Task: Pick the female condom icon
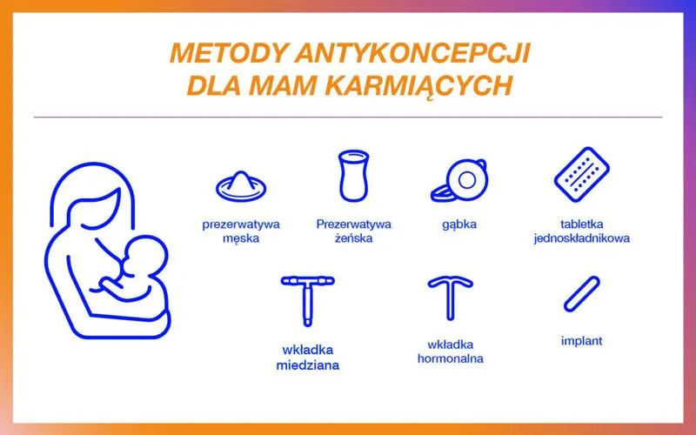pyautogui.click(x=351, y=177)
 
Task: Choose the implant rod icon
pyautogui.click(x=581, y=294)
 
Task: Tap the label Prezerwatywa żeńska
pyautogui.click(x=353, y=231)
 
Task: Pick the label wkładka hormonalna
pyautogui.click(x=450, y=351)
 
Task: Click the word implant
pyautogui.click(x=581, y=341)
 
